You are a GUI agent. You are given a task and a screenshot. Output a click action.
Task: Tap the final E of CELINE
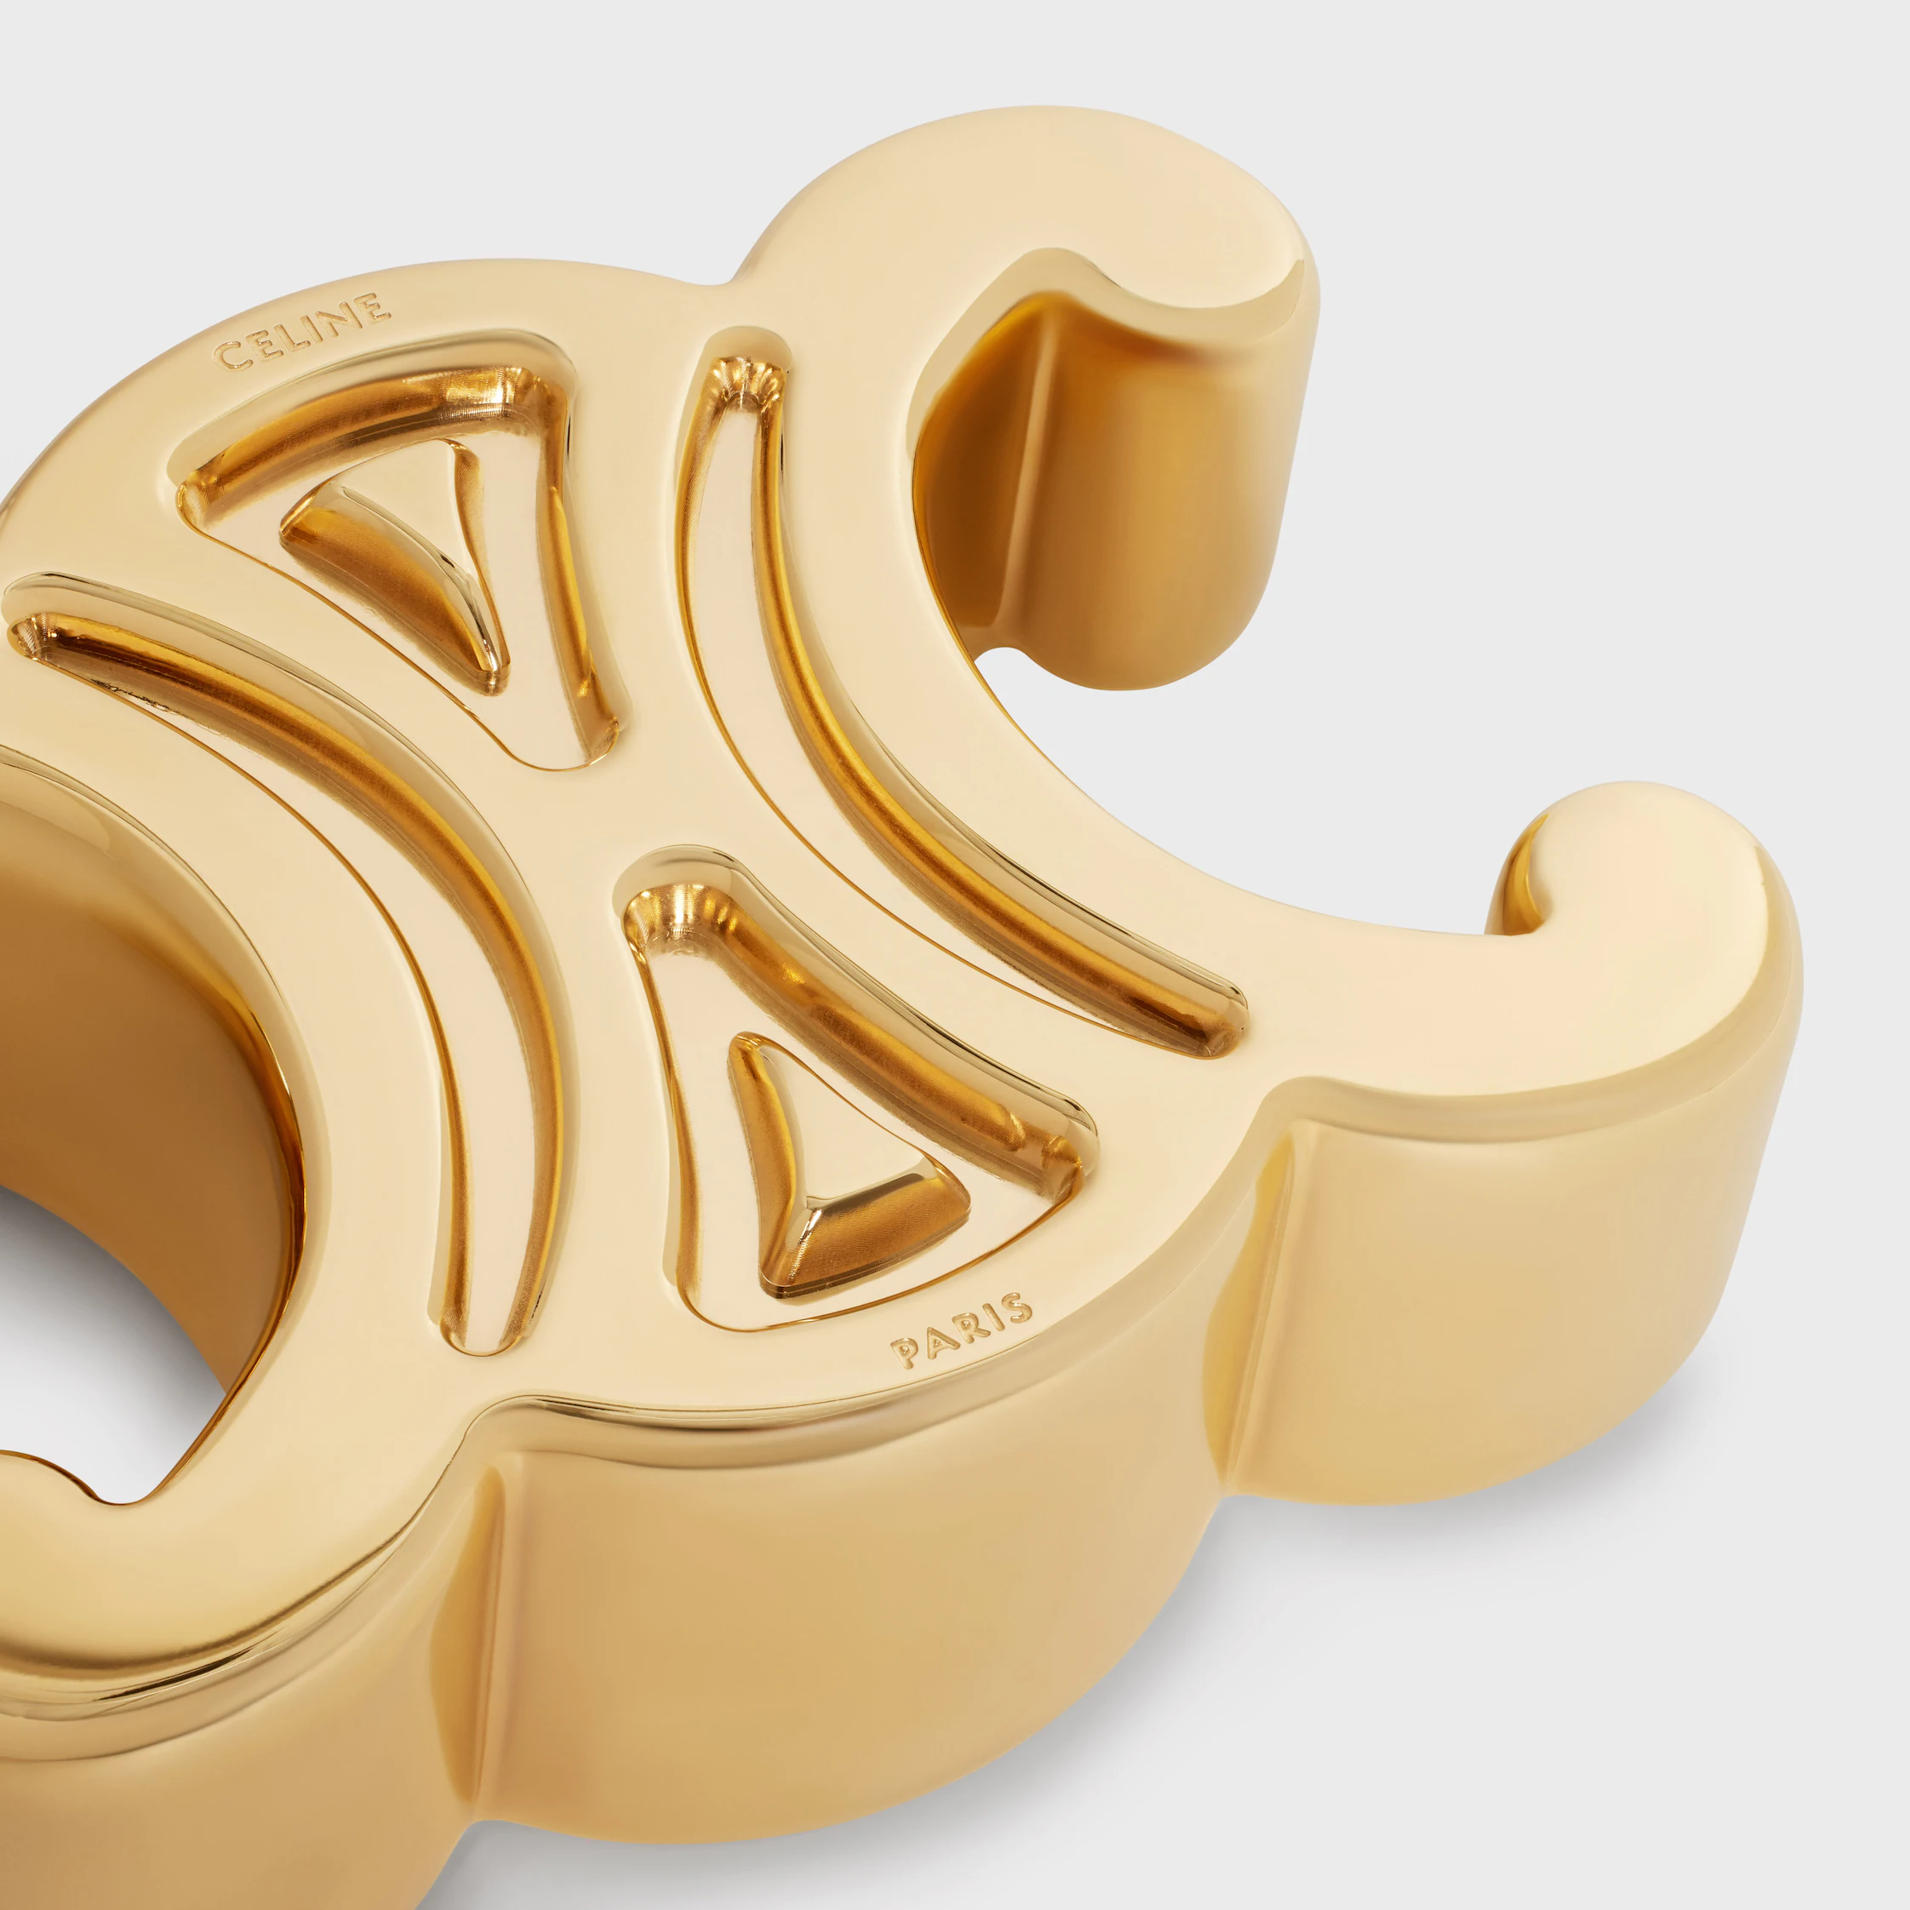click(374, 307)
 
